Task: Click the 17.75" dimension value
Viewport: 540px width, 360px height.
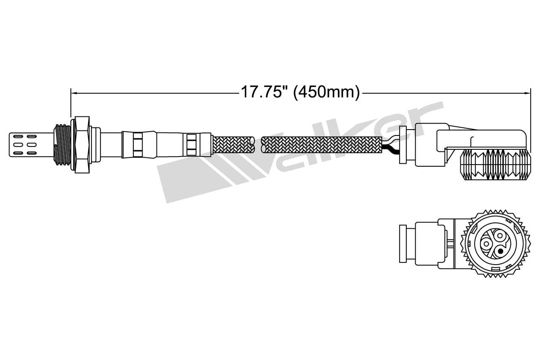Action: click(263, 92)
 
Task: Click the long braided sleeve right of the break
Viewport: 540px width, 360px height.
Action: click(321, 145)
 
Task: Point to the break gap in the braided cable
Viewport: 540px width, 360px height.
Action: click(258, 145)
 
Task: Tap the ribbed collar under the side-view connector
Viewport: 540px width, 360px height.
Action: click(493, 165)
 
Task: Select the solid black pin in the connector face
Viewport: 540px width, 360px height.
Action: click(500, 251)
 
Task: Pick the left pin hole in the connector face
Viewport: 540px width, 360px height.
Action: click(486, 244)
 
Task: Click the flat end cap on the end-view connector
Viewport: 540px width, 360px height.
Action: click(403, 245)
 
